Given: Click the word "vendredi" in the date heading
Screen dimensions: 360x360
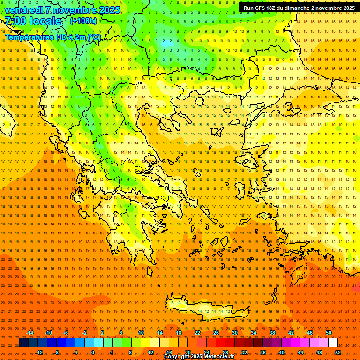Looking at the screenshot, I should pos(23,10).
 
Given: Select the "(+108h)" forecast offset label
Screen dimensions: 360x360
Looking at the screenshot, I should pos(83,21).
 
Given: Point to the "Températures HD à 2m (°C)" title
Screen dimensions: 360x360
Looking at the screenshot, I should pos(52,37).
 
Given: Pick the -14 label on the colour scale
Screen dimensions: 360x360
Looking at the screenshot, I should pos(29,333).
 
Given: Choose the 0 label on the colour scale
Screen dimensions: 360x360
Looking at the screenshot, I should pos(93,352).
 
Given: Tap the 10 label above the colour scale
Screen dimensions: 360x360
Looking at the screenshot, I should pos(141,333).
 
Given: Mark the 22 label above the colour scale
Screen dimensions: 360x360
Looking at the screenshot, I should pos(197,333).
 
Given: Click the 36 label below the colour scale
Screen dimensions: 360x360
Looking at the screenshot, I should pos(263,352).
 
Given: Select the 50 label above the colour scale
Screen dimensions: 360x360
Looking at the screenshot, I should pos(329,333).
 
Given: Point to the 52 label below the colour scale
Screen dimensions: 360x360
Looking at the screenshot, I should pos(338,352).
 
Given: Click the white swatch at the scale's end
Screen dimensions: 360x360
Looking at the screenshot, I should pos(333,343).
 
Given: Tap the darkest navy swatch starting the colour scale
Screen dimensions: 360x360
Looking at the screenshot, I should pos(23,343).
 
